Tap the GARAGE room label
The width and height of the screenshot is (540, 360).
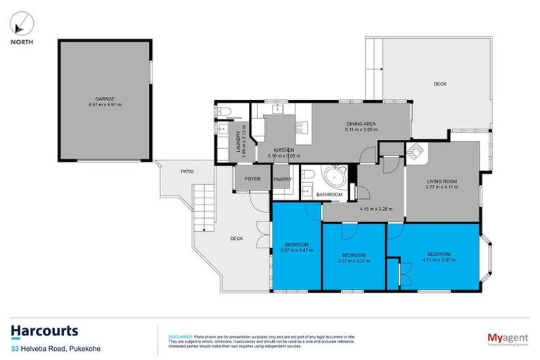pos(105,99)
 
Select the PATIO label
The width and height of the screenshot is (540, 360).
pos(186,171)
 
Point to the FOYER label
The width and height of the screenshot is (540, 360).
pos(252,179)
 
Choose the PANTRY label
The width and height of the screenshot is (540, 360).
pos(283,179)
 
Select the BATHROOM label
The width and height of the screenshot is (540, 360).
pos(329,194)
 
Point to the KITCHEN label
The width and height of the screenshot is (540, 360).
pos(283,150)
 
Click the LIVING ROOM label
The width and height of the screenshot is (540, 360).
pos(442,181)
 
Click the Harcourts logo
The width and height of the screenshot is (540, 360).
pos(44,331)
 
